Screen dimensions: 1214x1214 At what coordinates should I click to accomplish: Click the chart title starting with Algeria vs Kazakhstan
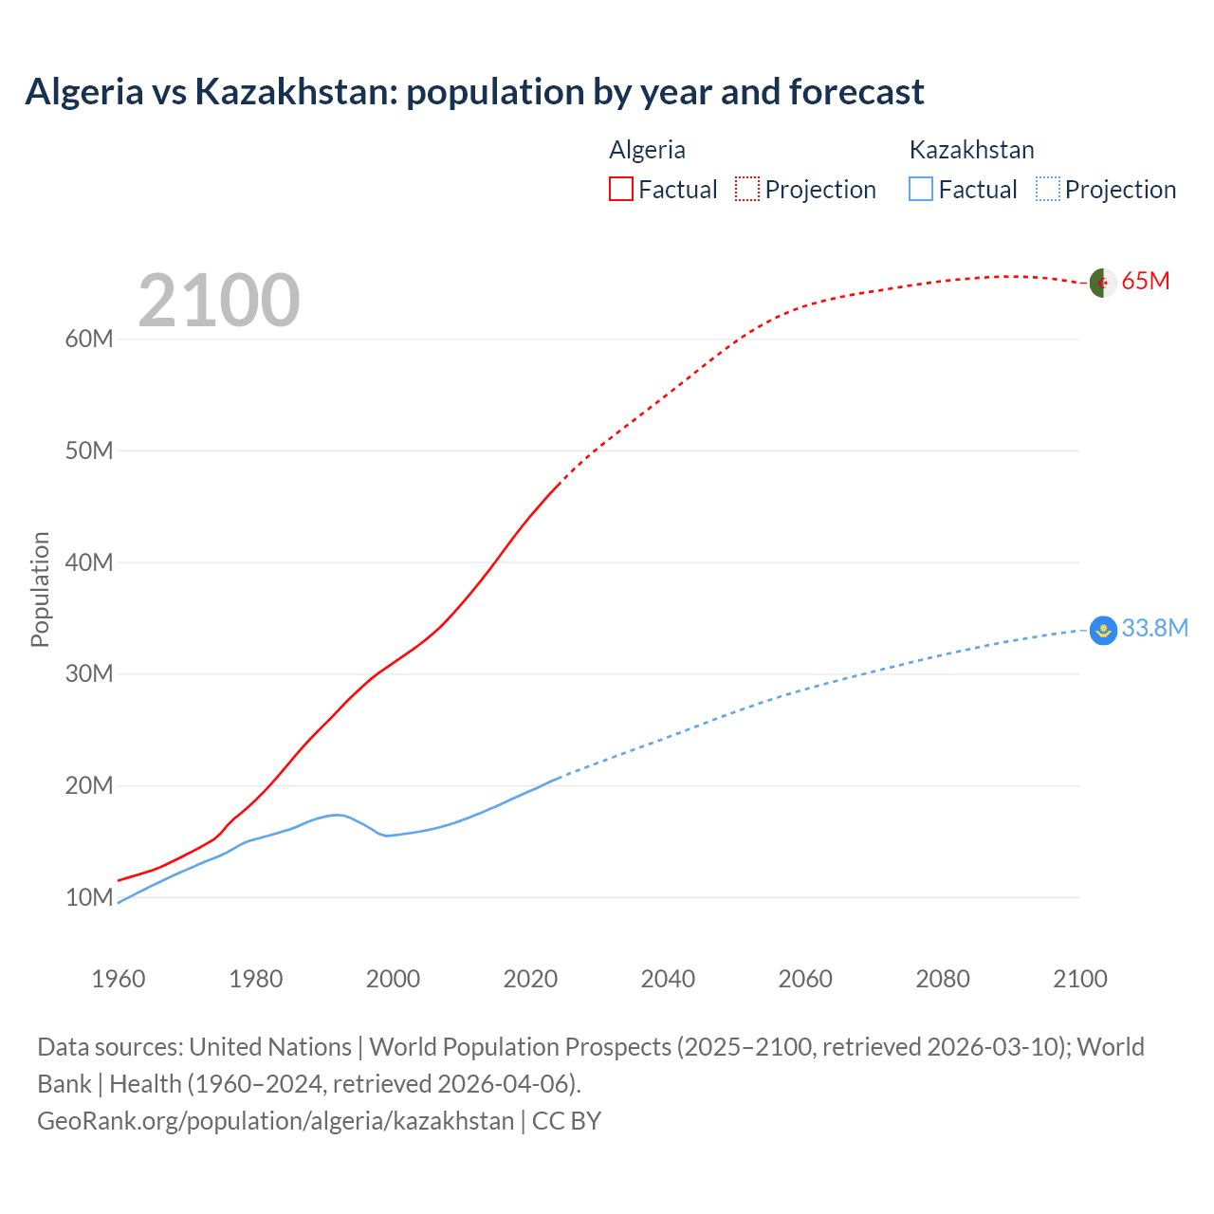pos(474,92)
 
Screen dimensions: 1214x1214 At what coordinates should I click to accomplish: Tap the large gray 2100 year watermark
pos(219,301)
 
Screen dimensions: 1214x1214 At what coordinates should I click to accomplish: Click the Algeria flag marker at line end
pos(1102,283)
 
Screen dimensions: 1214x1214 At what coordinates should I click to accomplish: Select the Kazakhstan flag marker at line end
pos(1103,630)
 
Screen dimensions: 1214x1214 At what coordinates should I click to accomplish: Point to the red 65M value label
pos(1146,281)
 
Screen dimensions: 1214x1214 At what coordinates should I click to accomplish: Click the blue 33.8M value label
pos(1154,628)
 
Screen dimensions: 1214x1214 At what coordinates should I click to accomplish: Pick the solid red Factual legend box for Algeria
pos(621,189)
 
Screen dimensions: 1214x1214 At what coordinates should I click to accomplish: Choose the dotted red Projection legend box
pos(747,189)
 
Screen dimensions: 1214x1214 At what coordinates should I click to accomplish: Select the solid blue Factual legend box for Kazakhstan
pos(921,189)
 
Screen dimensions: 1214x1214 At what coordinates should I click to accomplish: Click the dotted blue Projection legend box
pos(1048,189)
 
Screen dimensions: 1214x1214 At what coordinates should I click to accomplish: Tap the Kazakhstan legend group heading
pos(971,150)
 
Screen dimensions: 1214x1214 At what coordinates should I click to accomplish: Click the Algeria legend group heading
pos(647,150)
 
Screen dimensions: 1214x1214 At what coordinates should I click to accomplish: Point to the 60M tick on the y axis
pos(89,340)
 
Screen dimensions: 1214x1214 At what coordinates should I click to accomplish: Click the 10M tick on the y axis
pos(89,897)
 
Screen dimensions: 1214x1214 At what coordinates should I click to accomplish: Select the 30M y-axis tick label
pos(89,674)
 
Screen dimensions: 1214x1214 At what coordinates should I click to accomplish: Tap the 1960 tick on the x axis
pos(119,979)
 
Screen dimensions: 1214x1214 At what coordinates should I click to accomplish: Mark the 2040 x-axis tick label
pos(668,979)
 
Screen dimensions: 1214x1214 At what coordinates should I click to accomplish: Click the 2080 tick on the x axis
pos(943,979)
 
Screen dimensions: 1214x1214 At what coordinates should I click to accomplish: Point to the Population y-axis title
pos(40,589)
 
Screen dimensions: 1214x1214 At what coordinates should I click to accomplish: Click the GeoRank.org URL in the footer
pos(275,1120)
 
